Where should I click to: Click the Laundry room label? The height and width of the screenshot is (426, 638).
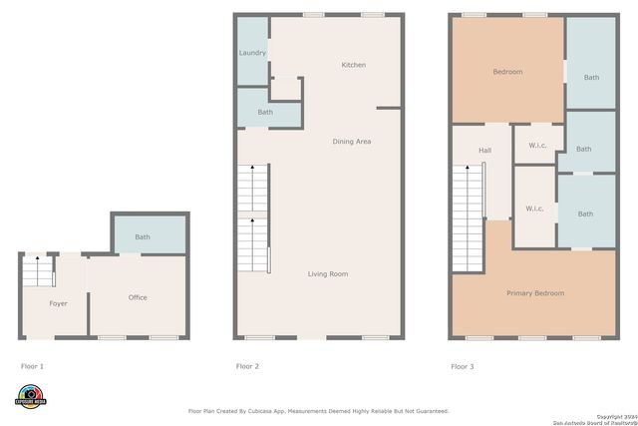pos(252,53)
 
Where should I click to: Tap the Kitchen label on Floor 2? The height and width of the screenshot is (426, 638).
pos(354,65)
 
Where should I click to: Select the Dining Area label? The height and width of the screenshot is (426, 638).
pos(352,142)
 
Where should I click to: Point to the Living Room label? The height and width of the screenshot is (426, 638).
pos(327,273)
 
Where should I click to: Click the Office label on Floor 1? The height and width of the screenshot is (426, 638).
pos(138,297)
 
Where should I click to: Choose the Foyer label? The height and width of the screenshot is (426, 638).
pos(59,302)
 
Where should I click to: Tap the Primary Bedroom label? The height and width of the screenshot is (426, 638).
pos(535,293)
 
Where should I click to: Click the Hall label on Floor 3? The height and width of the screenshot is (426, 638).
pos(484,151)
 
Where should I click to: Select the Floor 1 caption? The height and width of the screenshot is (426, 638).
pos(32,367)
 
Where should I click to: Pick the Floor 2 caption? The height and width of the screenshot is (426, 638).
pos(247,367)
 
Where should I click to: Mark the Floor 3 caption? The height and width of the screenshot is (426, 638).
pos(463,367)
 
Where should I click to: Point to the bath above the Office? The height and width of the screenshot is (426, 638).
pos(143,237)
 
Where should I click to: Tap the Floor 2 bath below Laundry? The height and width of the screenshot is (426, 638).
pos(265,112)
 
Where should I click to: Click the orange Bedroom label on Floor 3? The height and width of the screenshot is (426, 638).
pos(507,72)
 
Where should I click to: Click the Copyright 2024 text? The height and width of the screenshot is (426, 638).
pos(616,415)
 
